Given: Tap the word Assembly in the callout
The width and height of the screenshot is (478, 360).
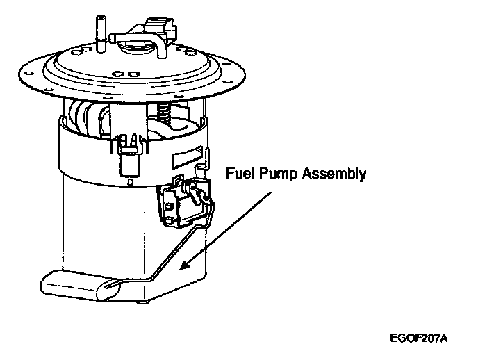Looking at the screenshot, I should coord(336,174).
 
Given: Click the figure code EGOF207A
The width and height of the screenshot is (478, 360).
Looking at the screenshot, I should coord(419,338).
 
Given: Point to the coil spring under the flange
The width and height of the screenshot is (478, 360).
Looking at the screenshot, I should coord(165,111).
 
